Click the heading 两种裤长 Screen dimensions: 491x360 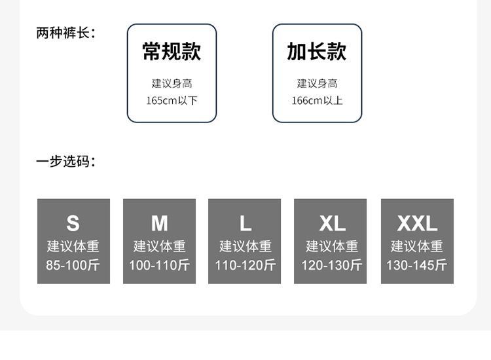(65, 33)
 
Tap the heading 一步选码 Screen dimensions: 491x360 (65, 161)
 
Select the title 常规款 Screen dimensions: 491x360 (172, 52)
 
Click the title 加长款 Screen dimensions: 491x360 (317, 52)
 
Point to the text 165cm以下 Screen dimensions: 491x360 (172, 101)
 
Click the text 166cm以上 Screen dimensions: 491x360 (317, 101)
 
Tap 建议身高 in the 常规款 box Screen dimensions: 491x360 (172, 83)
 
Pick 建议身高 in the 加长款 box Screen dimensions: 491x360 (317, 83)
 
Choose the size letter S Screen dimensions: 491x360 (73, 224)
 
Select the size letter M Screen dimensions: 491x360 (159, 224)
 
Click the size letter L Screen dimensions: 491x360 (245, 224)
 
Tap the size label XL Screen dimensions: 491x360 (331, 224)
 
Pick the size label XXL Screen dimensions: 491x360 (417, 224)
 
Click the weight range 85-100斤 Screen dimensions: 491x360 (73, 265)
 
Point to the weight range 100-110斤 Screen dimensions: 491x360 (159, 265)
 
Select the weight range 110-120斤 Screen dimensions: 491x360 (245, 265)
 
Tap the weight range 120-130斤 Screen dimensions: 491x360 (331, 265)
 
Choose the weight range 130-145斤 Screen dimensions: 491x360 (417, 265)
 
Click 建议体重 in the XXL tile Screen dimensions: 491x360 (417, 246)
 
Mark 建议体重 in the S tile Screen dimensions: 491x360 (73, 246)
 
